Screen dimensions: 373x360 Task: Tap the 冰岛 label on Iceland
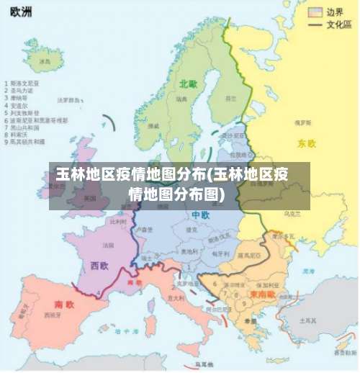[45, 62]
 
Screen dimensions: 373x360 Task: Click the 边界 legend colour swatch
[315, 12]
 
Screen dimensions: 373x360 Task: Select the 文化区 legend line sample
[315, 24]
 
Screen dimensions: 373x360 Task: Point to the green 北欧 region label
[188, 84]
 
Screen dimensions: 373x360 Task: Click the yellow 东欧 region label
[307, 143]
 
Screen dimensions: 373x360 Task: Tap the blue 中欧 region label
[201, 215]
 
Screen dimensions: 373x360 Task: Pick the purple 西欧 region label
[99, 266]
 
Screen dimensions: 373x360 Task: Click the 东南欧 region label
[261, 294]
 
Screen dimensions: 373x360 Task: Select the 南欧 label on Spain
[64, 303]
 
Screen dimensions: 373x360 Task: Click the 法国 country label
[109, 246]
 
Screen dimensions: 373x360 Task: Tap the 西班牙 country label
[51, 315]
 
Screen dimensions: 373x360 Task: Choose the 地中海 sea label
[130, 331]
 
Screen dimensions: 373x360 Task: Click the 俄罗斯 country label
[302, 123]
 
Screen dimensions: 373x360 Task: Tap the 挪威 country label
[153, 125]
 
